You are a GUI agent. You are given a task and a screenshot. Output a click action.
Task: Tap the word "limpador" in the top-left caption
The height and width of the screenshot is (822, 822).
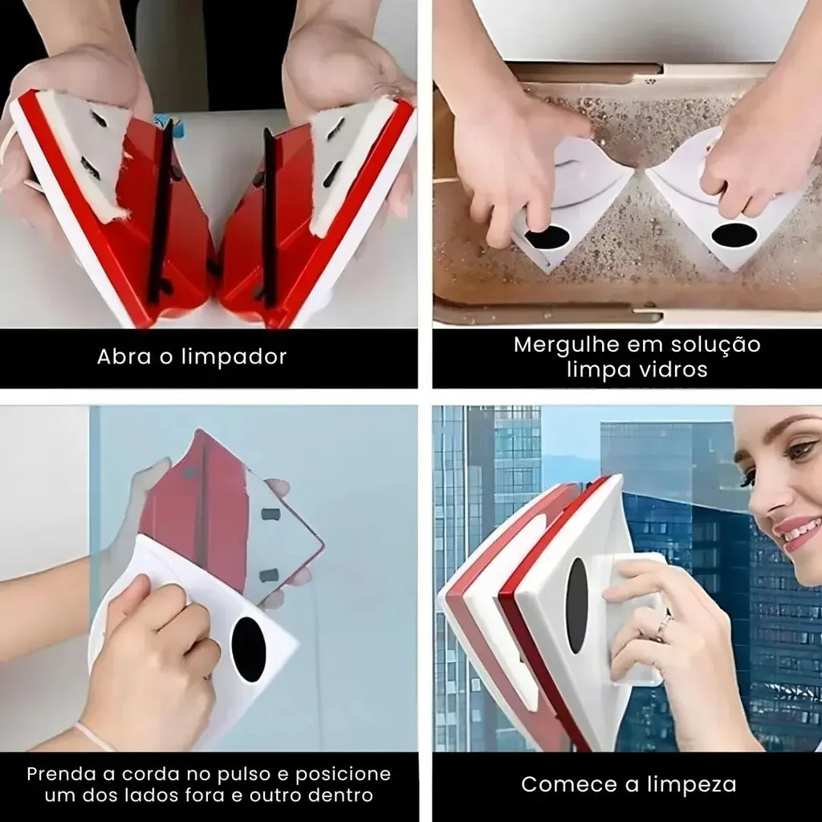pos(234,357)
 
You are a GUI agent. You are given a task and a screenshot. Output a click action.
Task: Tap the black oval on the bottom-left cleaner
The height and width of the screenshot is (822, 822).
pos(249,649)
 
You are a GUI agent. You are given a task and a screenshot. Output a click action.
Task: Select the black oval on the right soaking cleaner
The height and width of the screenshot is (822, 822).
pos(735,236)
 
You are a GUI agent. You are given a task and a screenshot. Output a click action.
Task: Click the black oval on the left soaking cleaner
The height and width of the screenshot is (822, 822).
pos(547,238)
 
